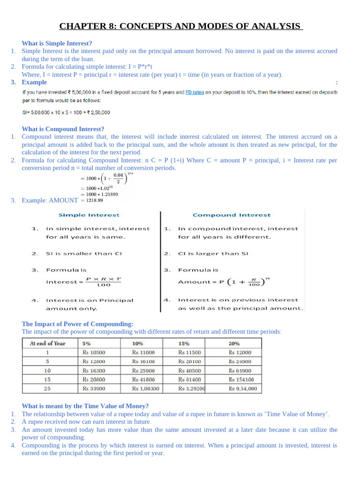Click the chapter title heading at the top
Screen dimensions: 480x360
click(180, 26)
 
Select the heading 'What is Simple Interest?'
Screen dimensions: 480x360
click(57, 43)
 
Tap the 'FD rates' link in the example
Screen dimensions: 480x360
click(195, 92)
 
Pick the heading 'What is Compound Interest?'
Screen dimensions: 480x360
click(63, 129)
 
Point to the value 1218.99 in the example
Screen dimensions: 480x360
click(92, 200)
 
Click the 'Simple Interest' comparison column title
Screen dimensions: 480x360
click(89, 215)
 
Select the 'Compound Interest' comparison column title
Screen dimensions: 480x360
click(232, 215)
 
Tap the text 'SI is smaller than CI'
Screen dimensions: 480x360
click(83, 254)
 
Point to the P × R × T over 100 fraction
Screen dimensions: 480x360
click(104, 282)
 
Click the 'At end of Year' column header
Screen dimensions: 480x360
click(47, 344)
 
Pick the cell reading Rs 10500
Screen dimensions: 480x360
click(94, 352)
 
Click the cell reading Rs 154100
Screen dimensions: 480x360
click(241, 380)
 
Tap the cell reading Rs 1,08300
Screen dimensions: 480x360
click(145, 389)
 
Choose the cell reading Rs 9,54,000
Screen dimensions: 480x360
click(242, 389)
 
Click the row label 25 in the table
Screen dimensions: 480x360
click(47, 389)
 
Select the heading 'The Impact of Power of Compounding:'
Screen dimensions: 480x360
click(78, 324)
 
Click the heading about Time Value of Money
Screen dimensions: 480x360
click(85, 406)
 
